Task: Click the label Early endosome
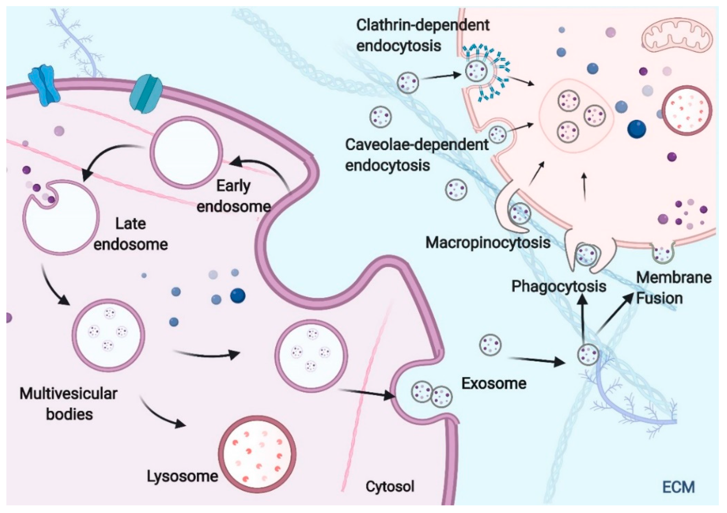[x=234, y=196]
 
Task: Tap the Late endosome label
[x=131, y=234]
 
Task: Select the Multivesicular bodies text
[x=69, y=404]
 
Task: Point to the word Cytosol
[x=390, y=486]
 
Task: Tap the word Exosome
[x=494, y=384]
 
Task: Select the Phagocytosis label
[x=559, y=286]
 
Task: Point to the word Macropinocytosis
[x=488, y=243]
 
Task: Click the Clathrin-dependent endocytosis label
[x=423, y=35]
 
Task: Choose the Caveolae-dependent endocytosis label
[x=416, y=155]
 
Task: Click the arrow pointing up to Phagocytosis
[x=583, y=320]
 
